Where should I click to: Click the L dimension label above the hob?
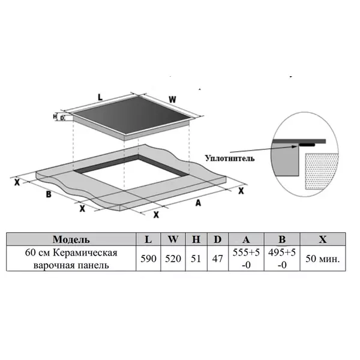click(x=100, y=97)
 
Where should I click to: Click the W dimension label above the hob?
click(x=172, y=100)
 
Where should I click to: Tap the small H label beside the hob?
click(x=55, y=116)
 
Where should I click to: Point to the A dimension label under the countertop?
click(x=198, y=203)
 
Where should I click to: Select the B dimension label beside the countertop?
click(x=49, y=194)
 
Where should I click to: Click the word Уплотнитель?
click(x=230, y=158)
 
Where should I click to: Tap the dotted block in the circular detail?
click(x=322, y=171)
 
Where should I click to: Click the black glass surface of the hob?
click(x=131, y=115)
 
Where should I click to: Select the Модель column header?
click(x=71, y=239)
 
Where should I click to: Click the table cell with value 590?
click(x=148, y=259)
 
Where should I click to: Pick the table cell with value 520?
click(x=173, y=259)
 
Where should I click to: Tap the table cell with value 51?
click(x=196, y=259)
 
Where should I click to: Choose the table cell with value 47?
click(x=218, y=259)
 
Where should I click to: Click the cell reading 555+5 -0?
click(x=246, y=259)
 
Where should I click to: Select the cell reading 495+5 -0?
click(x=282, y=259)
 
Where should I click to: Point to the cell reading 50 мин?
click(x=323, y=259)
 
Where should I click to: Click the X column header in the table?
click(x=323, y=239)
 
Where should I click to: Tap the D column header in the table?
click(x=218, y=239)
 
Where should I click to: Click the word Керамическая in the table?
click(x=85, y=253)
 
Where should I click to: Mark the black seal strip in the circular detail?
click(x=307, y=145)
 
